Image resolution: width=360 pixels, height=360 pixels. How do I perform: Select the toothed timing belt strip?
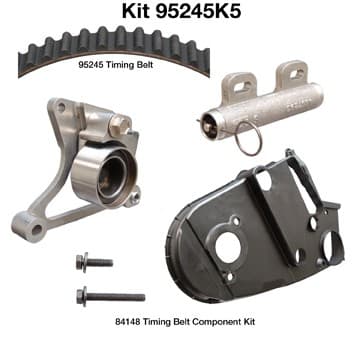pyautogui.click(x=110, y=45)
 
